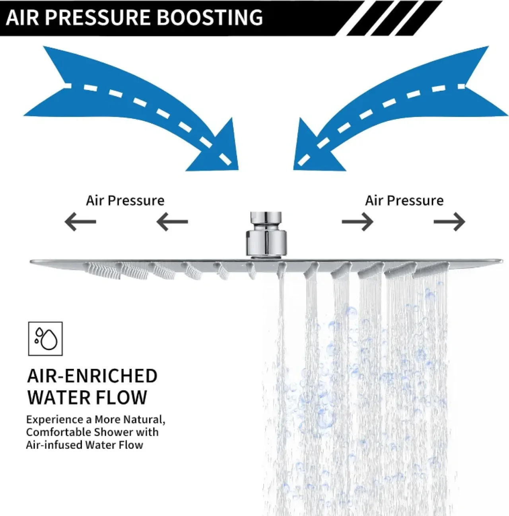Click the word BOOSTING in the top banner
pos(210,18)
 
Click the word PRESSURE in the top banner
pos(97,18)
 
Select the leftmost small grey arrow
pos(80,222)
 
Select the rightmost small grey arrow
pos(449,222)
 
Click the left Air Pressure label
pos(125,201)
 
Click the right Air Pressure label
pos(404,201)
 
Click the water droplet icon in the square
pos(45,339)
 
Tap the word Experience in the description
pos(55,420)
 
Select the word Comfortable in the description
pos(59,432)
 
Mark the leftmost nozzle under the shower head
pos(102,271)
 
